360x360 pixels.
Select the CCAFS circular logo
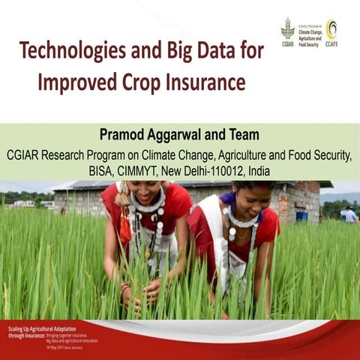pyautogui.click(x=331, y=30)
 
